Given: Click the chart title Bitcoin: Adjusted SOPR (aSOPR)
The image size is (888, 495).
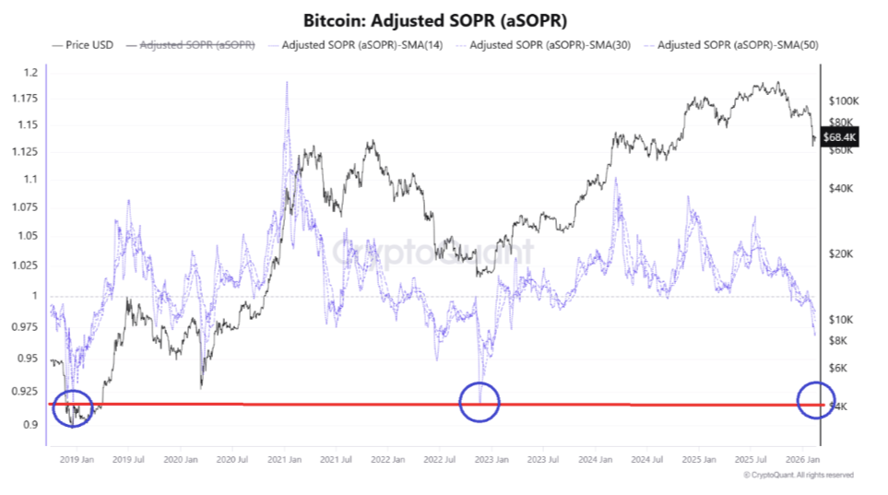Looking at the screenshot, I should [443, 19].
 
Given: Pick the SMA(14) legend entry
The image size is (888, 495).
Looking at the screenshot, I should [356, 44].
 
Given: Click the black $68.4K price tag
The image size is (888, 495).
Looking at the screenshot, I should [840, 137].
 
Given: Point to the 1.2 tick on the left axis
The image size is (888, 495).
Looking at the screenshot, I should [31, 73].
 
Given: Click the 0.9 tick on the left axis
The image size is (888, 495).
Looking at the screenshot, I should [31, 425].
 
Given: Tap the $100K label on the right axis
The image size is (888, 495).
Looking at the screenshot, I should [844, 100].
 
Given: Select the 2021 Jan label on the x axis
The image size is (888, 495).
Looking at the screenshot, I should [284, 458].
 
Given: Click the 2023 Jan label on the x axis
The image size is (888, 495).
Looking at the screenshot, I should [491, 458].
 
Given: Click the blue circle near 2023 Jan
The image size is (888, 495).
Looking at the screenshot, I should [479, 402].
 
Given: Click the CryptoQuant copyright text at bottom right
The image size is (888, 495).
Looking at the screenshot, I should [798, 475].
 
